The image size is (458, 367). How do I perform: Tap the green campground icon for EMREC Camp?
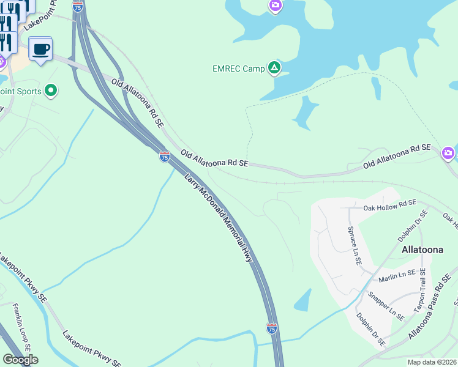point(274,68)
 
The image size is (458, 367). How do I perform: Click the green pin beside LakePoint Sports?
point(51,91)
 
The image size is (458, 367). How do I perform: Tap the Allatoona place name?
point(422,250)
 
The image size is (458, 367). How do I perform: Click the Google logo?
point(20,360)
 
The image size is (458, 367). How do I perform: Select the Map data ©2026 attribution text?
point(431,362)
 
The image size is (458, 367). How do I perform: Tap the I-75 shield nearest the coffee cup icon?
point(78,7)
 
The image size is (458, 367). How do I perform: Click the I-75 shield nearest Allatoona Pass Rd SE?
point(272,328)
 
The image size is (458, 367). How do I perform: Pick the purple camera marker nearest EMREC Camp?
point(276,6)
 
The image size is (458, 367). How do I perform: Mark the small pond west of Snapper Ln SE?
point(303,300)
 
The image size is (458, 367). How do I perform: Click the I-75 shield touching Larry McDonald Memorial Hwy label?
point(164,157)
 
